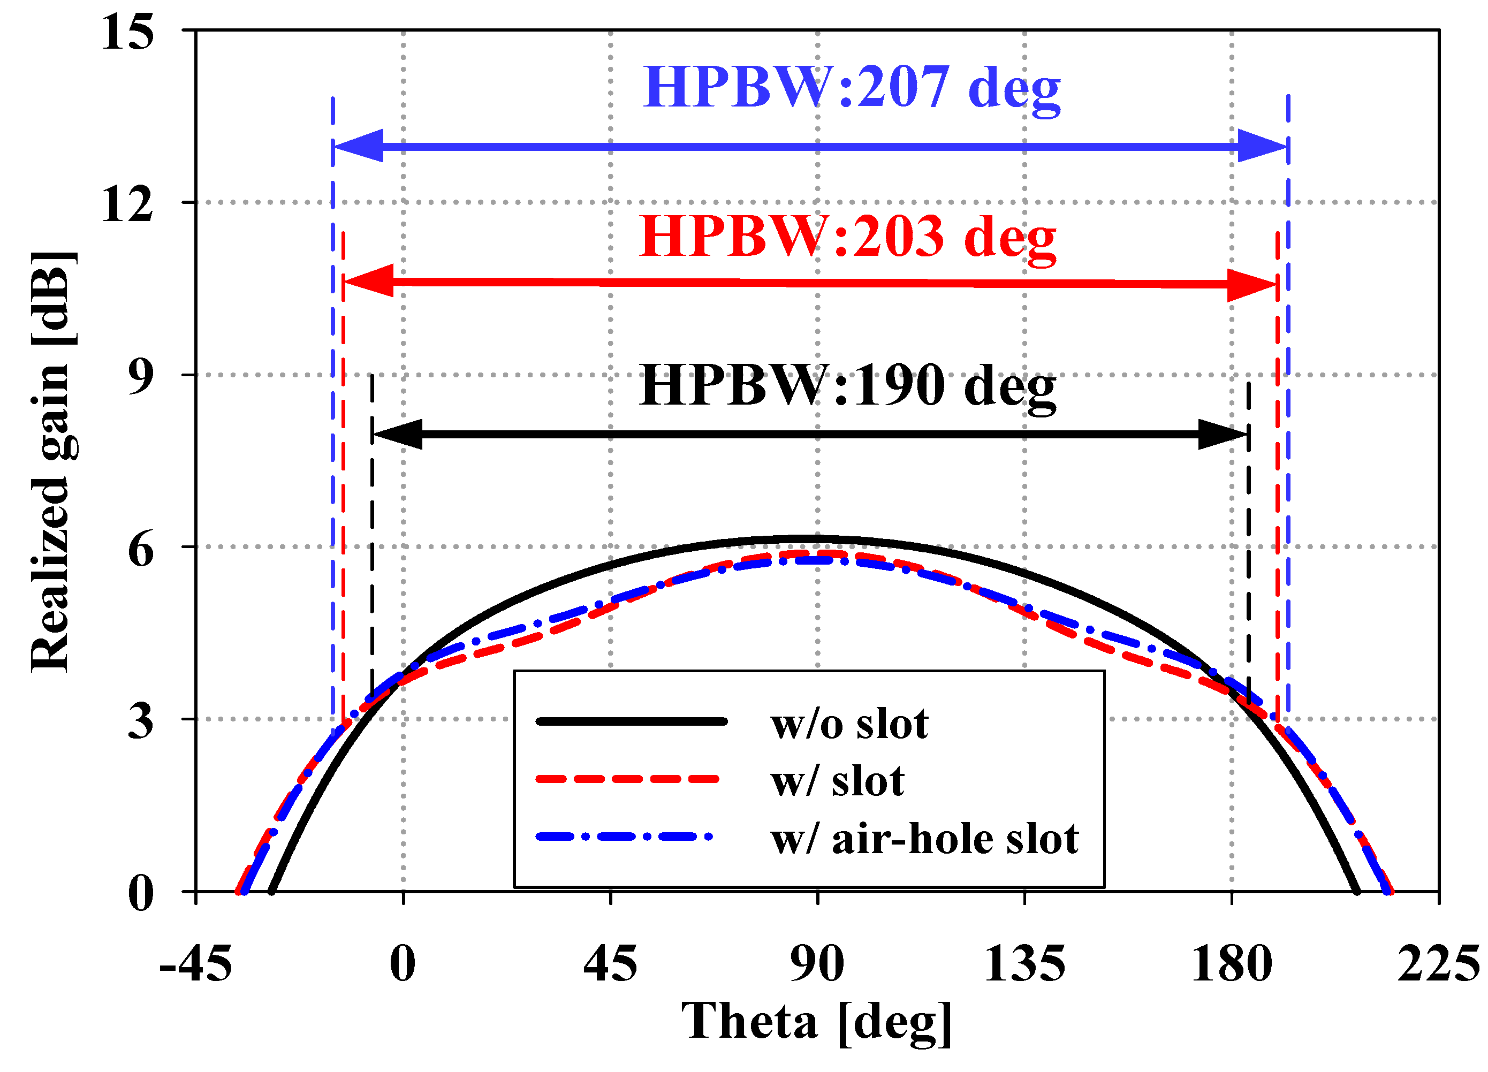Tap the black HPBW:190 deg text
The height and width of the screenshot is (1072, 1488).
(848, 387)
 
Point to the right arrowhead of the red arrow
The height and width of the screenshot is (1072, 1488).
(1252, 285)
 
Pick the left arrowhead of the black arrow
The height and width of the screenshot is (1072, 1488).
(398, 434)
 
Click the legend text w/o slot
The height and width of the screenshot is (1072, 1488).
(849, 724)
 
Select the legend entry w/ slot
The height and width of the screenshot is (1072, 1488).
(837, 781)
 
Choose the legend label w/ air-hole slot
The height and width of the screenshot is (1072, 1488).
(924, 839)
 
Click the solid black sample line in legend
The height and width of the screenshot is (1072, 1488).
(631, 721)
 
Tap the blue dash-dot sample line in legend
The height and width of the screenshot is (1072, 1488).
(623, 837)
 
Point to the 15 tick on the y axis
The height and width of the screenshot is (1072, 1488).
(128, 32)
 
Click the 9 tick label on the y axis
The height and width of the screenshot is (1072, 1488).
(140, 375)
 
